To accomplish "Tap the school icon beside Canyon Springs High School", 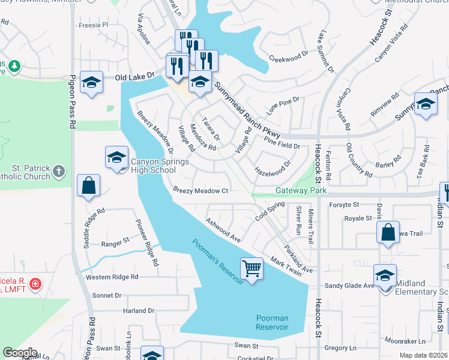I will (x=116, y=158).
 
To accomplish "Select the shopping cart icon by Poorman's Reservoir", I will (x=252, y=268).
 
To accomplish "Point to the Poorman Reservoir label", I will (x=272, y=322).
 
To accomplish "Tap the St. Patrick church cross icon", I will (x=58, y=172).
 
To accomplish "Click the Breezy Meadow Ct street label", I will (x=200, y=190).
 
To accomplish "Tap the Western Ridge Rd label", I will (x=112, y=277).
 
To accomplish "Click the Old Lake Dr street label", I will (x=135, y=77).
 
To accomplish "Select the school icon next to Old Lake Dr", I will (x=91, y=83).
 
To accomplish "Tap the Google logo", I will (x=20, y=353).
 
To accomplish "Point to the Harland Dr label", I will (x=138, y=311).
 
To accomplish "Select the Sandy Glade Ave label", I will (x=349, y=286).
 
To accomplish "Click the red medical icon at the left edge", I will (x=35, y=283).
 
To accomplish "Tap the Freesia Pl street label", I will (x=93, y=25).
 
